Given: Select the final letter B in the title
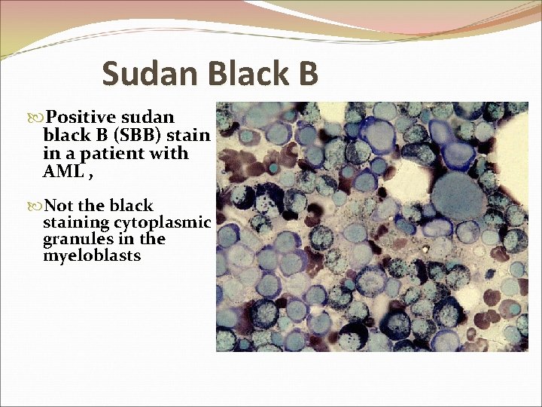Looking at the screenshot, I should coord(307,75).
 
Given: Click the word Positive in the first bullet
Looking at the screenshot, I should coord(79,118).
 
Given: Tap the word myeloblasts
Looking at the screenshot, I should coord(93,257).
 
